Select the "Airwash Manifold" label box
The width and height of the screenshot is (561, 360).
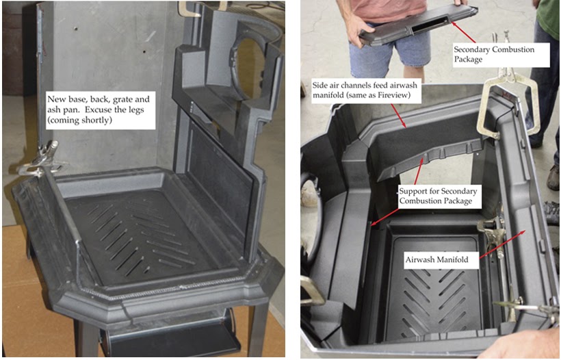[x=437, y=260]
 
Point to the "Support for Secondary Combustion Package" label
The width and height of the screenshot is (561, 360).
[x=439, y=196]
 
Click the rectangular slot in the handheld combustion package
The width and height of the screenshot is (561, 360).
[x=430, y=25]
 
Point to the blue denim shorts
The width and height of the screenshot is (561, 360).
[x=389, y=51]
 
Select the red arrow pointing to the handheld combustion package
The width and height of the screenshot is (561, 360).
[x=463, y=33]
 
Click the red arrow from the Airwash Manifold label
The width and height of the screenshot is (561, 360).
[x=503, y=244]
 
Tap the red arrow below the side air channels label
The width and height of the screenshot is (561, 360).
[x=398, y=116]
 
